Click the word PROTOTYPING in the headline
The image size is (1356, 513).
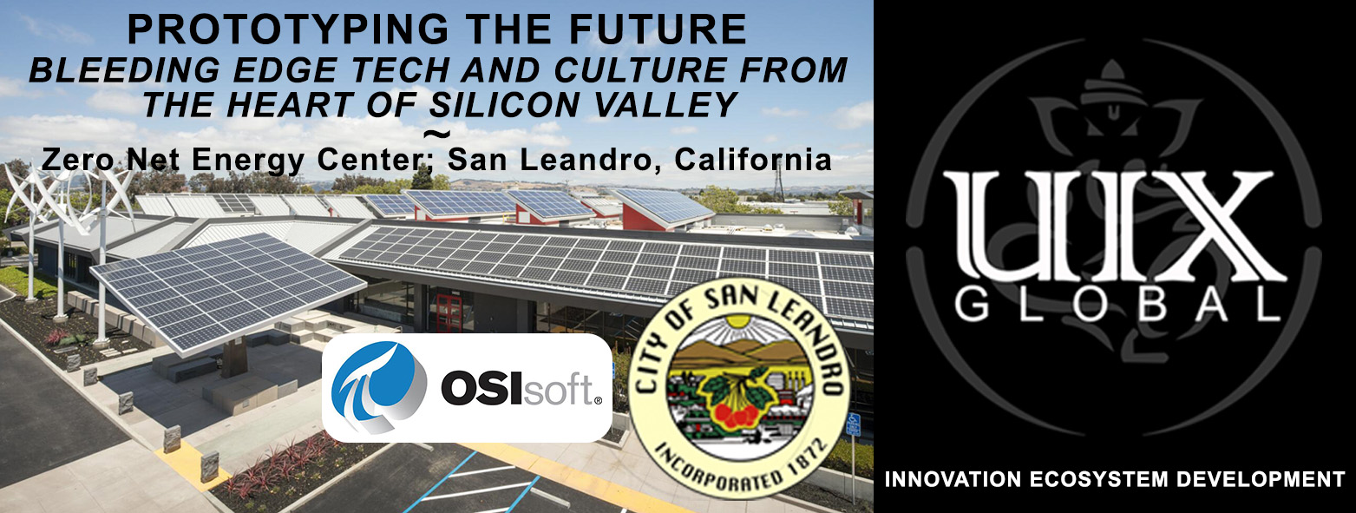click(x=287, y=29)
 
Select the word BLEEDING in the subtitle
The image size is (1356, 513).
click(x=125, y=70)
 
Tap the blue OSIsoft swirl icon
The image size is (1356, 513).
click(x=379, y=387)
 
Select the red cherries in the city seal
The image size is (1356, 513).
click(x=736, y=414)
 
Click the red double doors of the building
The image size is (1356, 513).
click(x=447, y=312)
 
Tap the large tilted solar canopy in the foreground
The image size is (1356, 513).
click(x=227, y=291)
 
